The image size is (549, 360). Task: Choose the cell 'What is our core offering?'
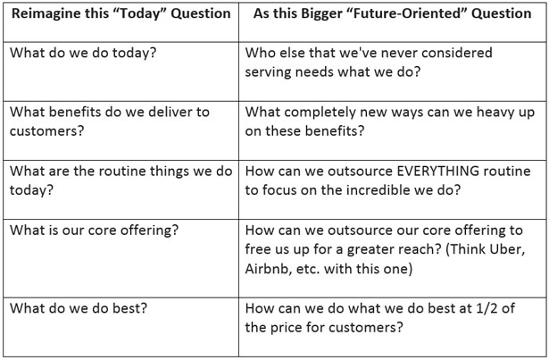click(94, 230)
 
